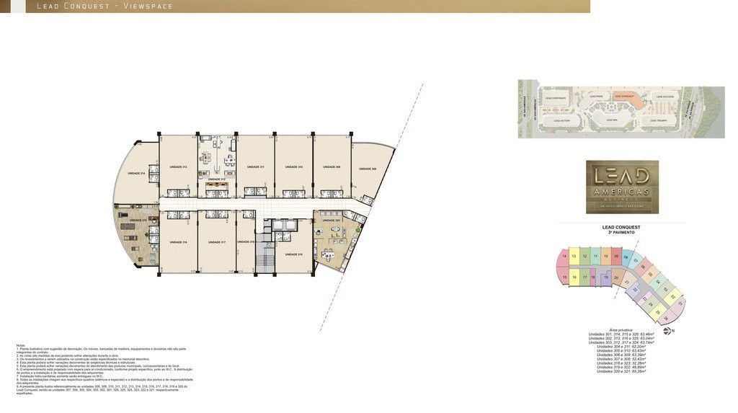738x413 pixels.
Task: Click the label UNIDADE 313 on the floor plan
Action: click(x=178, y=167)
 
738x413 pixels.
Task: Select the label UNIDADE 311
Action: click(x=255, y=167)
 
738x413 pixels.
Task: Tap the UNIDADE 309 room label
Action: click(x=332, y=167)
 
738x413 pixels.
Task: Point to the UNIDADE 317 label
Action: click(x=217, y=242)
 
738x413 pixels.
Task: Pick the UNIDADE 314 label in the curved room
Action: click(x=136, y=174)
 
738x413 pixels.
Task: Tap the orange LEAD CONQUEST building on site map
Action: click(x=623, y=97)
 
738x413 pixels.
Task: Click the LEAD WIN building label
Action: click(x=611, y=120)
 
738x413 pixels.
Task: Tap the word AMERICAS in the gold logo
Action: click(x=622, y=191)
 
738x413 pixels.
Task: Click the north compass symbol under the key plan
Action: click(x=666, y=331)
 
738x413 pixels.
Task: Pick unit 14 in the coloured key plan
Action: click(x=564, y=256)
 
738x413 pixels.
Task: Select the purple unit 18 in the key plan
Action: click(x=592, y=277)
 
